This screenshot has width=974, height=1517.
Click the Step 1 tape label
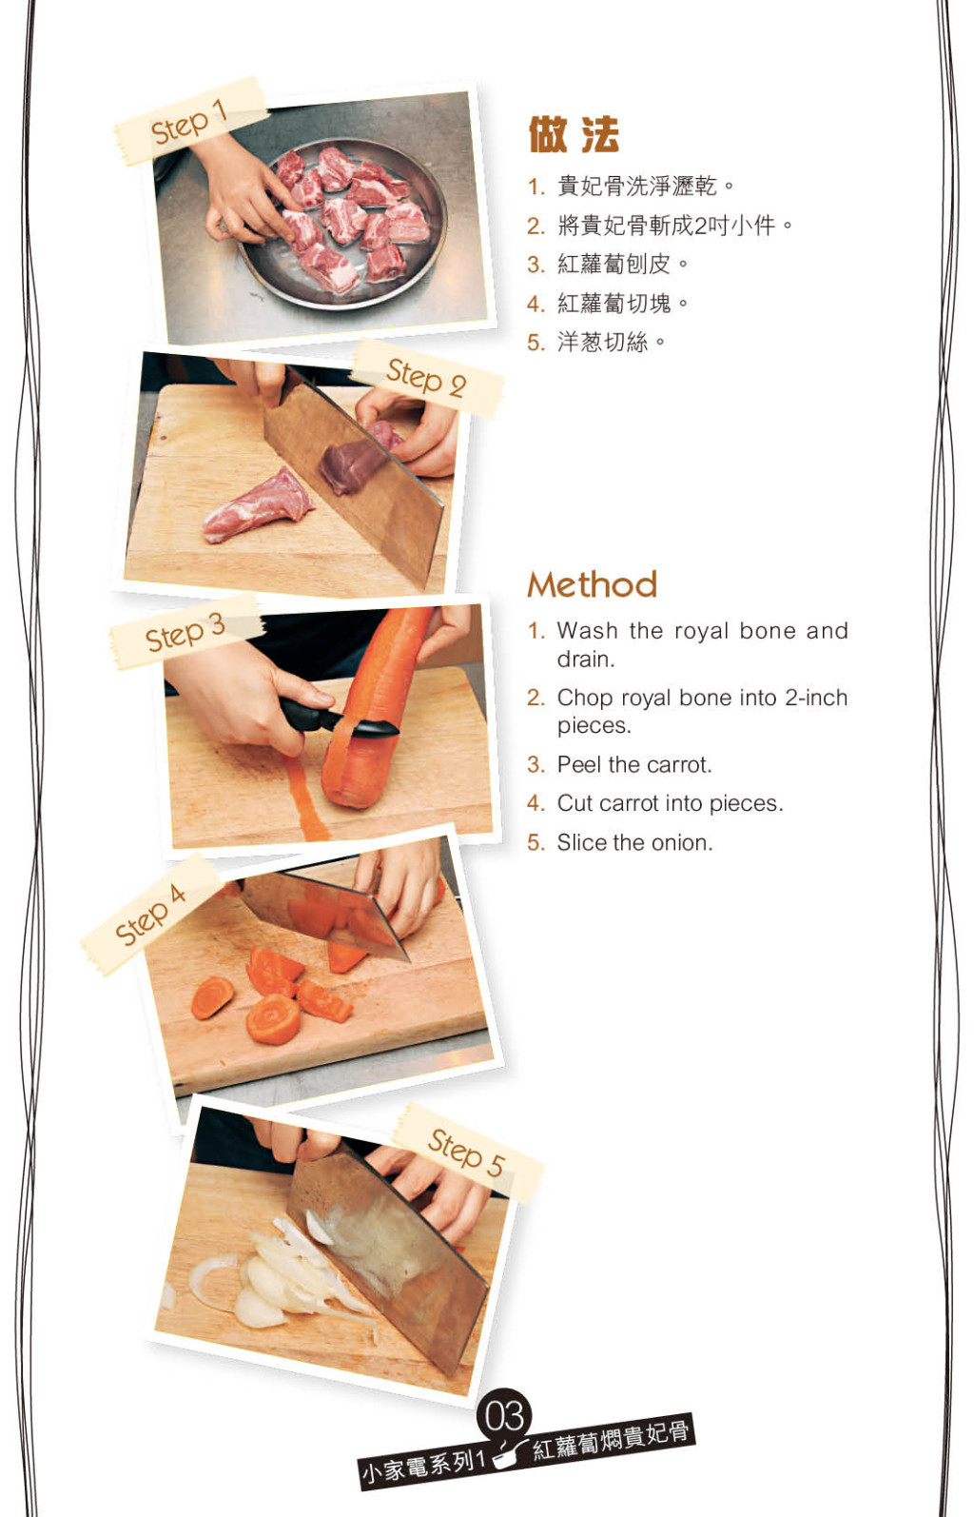(191, 121)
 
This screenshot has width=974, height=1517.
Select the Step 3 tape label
(186, 632)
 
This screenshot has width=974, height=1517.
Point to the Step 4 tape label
(150, 914)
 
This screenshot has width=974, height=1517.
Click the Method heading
(593, 584)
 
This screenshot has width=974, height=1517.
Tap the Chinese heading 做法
(574, 134)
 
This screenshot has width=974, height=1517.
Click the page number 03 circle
(504, 1416)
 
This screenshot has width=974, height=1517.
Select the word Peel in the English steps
(578, 764)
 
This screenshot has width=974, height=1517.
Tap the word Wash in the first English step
(588, 631)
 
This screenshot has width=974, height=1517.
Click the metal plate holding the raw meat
(342, 224)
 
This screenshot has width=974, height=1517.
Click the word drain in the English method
(586, 659)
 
